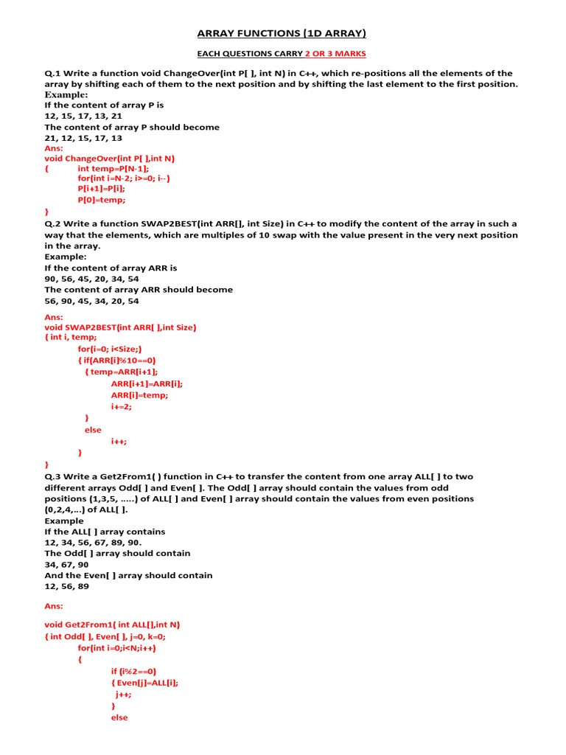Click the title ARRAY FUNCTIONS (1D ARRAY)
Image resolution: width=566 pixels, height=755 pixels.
(282, 33)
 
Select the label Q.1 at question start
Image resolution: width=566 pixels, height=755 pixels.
(53, 73)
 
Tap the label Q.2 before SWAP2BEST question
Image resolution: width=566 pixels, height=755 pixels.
(53, 223)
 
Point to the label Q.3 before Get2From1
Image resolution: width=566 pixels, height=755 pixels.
(53, 476)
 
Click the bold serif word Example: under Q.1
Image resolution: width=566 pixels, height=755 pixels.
(66, 94)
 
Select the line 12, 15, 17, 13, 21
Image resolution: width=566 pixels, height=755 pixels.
(83, 116)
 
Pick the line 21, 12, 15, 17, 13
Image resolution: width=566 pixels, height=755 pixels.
(83, 138)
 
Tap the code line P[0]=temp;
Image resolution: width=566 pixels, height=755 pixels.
(102, 199)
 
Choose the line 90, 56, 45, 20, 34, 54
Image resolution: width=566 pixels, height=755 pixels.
(91, 279)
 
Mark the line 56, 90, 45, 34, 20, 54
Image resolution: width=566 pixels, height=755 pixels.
(91, 301)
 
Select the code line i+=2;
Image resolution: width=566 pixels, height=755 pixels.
(122, 406)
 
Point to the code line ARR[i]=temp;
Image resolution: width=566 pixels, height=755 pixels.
(139, 395)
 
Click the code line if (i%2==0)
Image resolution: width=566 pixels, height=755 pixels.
(133, 671)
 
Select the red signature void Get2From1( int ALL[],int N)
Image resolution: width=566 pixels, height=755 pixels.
(112, 624)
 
